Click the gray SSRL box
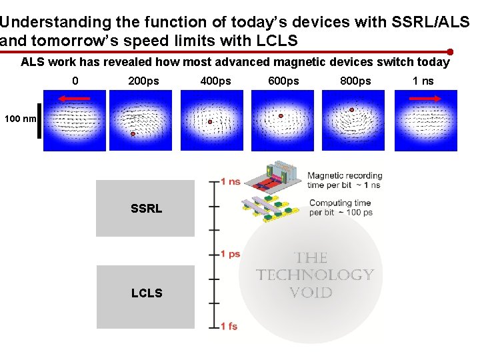145,209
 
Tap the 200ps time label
143,81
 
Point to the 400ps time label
215,81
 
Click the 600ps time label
283,81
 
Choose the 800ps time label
355,81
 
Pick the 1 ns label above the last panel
423,81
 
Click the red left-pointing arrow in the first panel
73,99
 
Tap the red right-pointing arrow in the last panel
425,99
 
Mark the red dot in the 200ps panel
133,134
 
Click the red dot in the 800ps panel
352,110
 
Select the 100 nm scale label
20,119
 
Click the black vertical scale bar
39,121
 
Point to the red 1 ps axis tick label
230,254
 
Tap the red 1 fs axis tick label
229,326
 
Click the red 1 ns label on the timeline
230,181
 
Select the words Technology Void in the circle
315,275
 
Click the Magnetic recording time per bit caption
344,180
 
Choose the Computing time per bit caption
340,207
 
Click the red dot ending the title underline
451,51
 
